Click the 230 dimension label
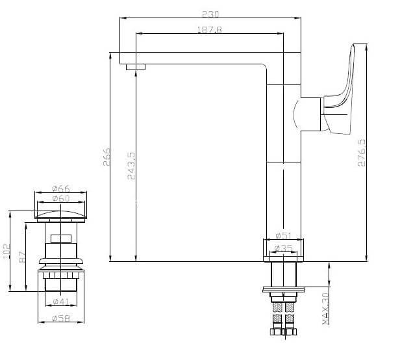(x=210, y=14)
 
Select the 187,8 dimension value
(x=210, y=30)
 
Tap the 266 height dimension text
(x=106, y=157)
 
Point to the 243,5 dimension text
(x=131, y=166)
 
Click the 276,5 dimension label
(x=362, y=153)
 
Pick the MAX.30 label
(x=325, y=309)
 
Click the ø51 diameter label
(x=283, y=235)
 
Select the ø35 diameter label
(x=283, y=248)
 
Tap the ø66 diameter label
(x=61, y=188)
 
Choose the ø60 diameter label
(x=61, y=198)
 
